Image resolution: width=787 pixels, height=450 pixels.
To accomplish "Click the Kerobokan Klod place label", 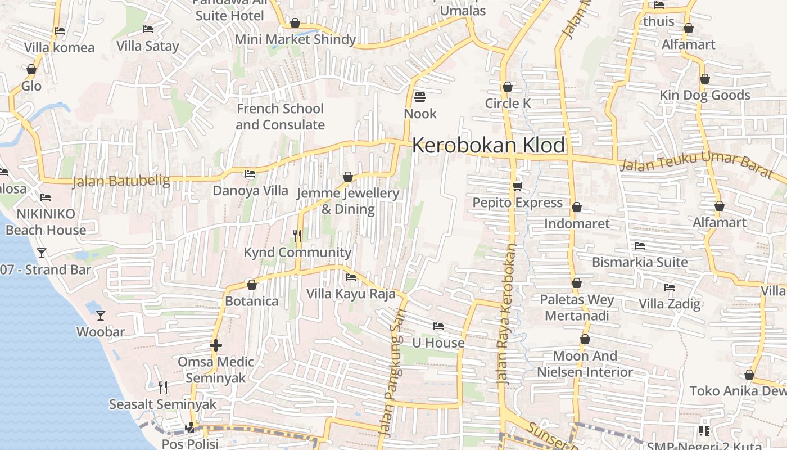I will coord(489,145).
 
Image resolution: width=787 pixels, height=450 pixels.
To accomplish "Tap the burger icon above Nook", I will coord(419,97).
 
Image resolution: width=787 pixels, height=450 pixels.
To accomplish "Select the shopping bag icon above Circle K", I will coord(508,87).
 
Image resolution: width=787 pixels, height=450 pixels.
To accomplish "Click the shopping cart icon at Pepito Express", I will coord(517,186).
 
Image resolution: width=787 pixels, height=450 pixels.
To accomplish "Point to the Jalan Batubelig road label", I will coord(121,181).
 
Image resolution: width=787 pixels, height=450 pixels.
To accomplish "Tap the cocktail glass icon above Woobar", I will coord(101,315).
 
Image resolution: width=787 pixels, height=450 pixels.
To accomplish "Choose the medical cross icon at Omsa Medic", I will coord(216,345).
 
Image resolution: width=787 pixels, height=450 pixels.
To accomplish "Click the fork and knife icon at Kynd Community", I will coord(297,236).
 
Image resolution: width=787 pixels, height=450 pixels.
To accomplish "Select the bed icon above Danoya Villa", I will coord(250,174).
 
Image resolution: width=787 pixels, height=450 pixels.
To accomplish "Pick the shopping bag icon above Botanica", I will coord(252,285).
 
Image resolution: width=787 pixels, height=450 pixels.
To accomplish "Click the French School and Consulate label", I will coord(280,116).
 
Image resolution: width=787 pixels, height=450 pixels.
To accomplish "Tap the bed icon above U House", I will coord(438,326).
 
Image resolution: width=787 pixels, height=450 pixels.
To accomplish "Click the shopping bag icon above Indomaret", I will coord(576,207).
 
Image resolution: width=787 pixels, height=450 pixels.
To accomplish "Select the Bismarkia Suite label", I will coord(640,262).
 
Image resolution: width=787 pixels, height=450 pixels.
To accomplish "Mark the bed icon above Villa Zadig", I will coord(669,287).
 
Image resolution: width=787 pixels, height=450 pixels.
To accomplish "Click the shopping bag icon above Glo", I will coord(31,69).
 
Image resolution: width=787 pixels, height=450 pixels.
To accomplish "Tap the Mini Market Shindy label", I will coord(295,39).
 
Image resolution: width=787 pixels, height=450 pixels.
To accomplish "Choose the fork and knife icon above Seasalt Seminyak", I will coord(162,387).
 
